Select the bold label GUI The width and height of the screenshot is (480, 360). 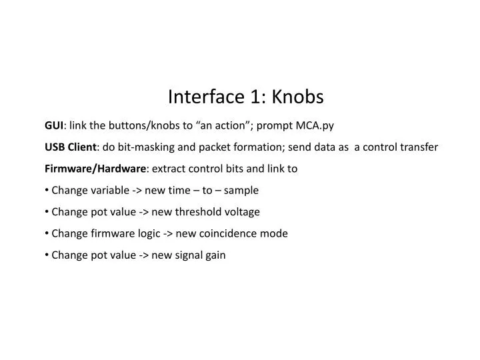click(x=54, y=125)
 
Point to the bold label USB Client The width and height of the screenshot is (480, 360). click(x=71, y=147)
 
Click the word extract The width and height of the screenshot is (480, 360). click(x=171, y=169)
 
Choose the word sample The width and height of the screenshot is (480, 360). click(x=241, y=190)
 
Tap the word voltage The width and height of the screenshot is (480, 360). click(x=241, y=211)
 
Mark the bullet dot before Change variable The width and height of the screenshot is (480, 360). click(x=47, y=190)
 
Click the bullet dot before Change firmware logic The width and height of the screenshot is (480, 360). click(x=47, y=233)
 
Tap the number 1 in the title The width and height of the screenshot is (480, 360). click(x=257, y=97)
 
